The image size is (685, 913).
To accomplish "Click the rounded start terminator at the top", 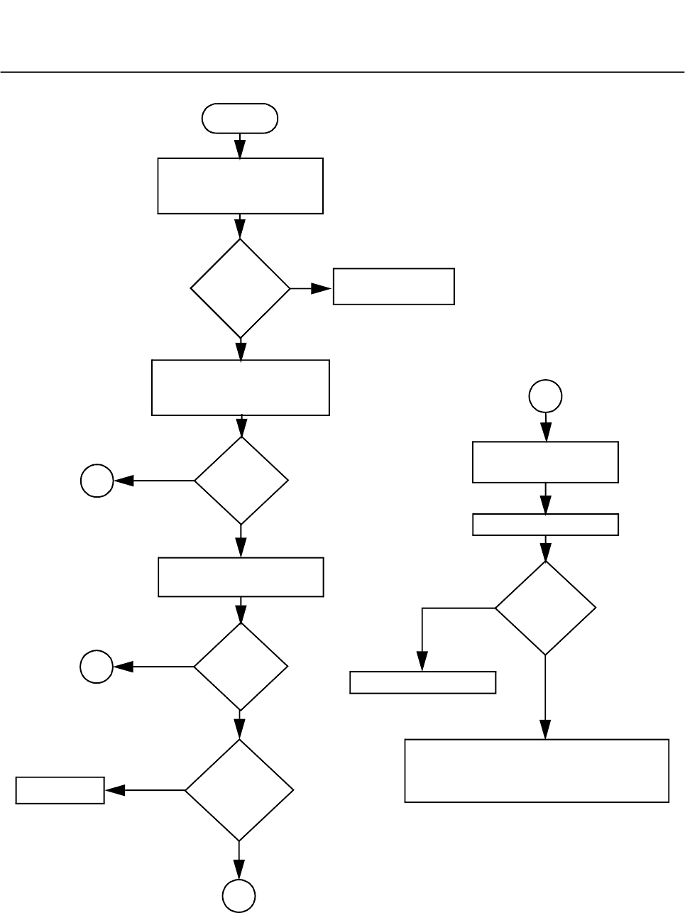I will click(x=240, y=119).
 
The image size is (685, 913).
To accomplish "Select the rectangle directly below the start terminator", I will click(x=240, y=185).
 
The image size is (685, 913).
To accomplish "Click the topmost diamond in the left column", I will click(x=240, y=288).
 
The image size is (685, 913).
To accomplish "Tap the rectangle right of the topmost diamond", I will click(x=393, y=286).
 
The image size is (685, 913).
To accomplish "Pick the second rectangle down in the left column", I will click(x=240, y=387).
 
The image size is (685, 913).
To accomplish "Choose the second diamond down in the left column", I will click(x=241, y=481).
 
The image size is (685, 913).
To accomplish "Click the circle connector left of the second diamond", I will click(x=97, y=481).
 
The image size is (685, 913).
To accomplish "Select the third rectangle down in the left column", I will click(x=241, y=576).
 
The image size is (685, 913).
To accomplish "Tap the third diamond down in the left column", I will click(x=241, y=667).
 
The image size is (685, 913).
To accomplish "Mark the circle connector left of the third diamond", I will click(x=97, y=667).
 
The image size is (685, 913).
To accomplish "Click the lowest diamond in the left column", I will click(x=239, y=789).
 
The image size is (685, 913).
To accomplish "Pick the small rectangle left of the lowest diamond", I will click(x=60, y=790).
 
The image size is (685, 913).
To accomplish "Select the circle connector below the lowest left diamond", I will click(x=239, y=895).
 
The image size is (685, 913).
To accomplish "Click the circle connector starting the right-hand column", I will click(x=545, y=396).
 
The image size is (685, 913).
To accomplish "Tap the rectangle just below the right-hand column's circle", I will click(x=545, y=462).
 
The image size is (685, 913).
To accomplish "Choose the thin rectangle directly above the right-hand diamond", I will click(x=545, y=525).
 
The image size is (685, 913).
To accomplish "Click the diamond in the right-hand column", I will click(x=545, y=608).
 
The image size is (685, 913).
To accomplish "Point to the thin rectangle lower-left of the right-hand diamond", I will click(x=422, y=682).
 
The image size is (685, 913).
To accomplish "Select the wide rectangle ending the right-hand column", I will click(x=537, y=770).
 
